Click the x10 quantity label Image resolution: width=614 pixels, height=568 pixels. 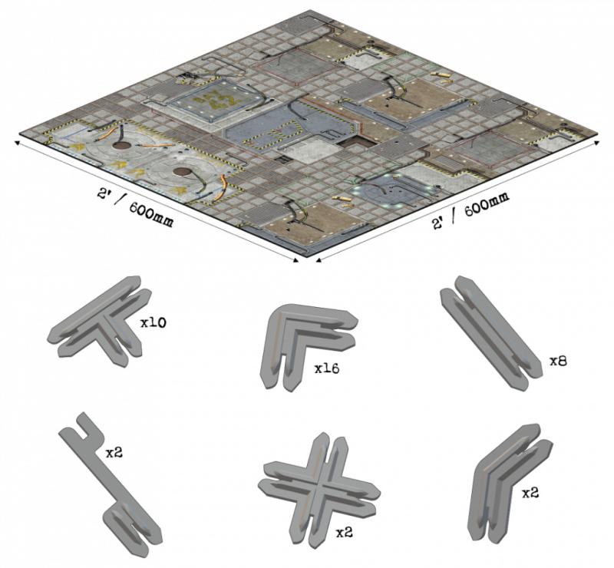153,323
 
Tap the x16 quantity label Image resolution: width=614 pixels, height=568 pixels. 327,368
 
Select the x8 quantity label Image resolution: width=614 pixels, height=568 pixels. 558,362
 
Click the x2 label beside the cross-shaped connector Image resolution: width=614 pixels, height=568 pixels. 344,532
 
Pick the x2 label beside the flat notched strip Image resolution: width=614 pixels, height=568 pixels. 114,453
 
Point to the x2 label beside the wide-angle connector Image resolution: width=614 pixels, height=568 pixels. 530,494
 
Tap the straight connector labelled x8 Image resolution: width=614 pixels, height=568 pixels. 491,333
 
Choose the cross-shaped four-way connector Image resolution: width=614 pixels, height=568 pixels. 319,490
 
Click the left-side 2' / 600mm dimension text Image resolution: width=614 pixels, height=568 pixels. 135,207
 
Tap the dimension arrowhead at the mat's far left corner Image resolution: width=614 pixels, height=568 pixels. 17,142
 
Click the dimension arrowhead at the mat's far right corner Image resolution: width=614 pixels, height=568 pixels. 596,143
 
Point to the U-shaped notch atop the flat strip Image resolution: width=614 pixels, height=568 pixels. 86,425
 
